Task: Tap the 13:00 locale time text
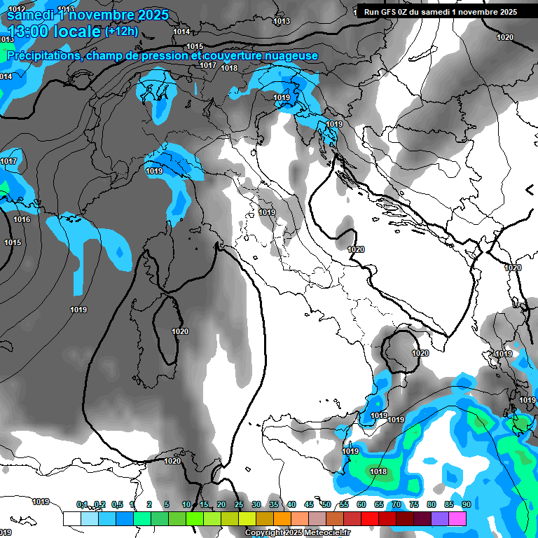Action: (55, 32)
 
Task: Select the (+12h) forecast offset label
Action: (121, 32)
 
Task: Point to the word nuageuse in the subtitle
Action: (287, 55)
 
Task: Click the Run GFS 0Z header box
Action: (441, 12)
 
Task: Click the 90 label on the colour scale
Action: (466, 504)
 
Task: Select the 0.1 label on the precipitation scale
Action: (82, 504)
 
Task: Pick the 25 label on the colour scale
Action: (239, 504)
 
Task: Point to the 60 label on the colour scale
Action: (361, 504)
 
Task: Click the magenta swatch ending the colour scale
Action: (457, 518)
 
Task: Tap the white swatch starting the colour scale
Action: (72, 518)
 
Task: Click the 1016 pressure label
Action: (22, 219)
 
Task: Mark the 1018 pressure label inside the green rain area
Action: (378, 471)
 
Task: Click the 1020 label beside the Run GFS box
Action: (504, 37)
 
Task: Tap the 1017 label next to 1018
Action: (208, 65)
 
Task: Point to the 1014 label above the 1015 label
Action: (181, 32)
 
